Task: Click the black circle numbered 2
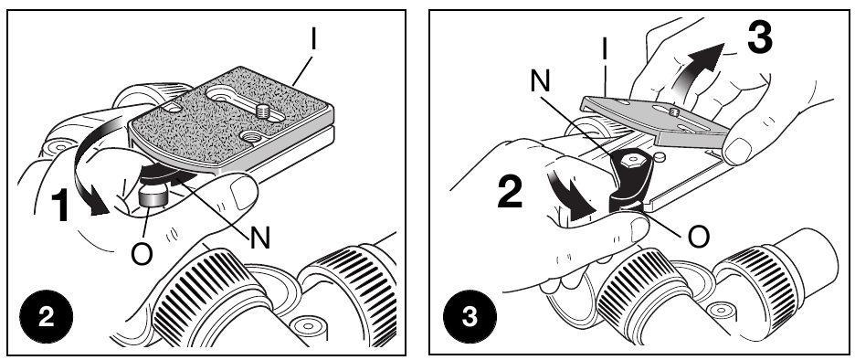tap(47, 317)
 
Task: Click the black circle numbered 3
tap(470, 317)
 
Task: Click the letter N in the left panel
tap(260, 238)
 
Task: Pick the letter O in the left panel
tap(142, 254)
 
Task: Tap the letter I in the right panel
tap(605, 49)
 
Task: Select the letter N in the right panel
tap(540, 81)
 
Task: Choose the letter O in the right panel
tap(699, 237)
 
